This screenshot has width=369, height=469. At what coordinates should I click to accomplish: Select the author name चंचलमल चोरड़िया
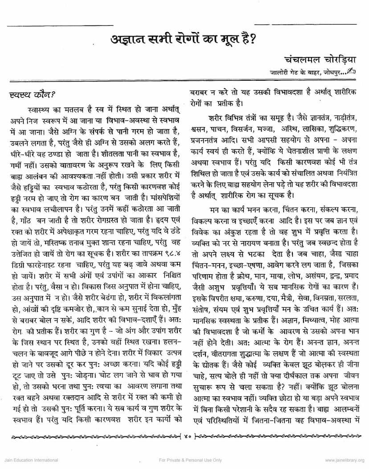320,59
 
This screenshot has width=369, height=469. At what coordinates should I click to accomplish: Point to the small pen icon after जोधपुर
353,70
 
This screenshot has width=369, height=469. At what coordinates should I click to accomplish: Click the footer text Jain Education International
29,460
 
